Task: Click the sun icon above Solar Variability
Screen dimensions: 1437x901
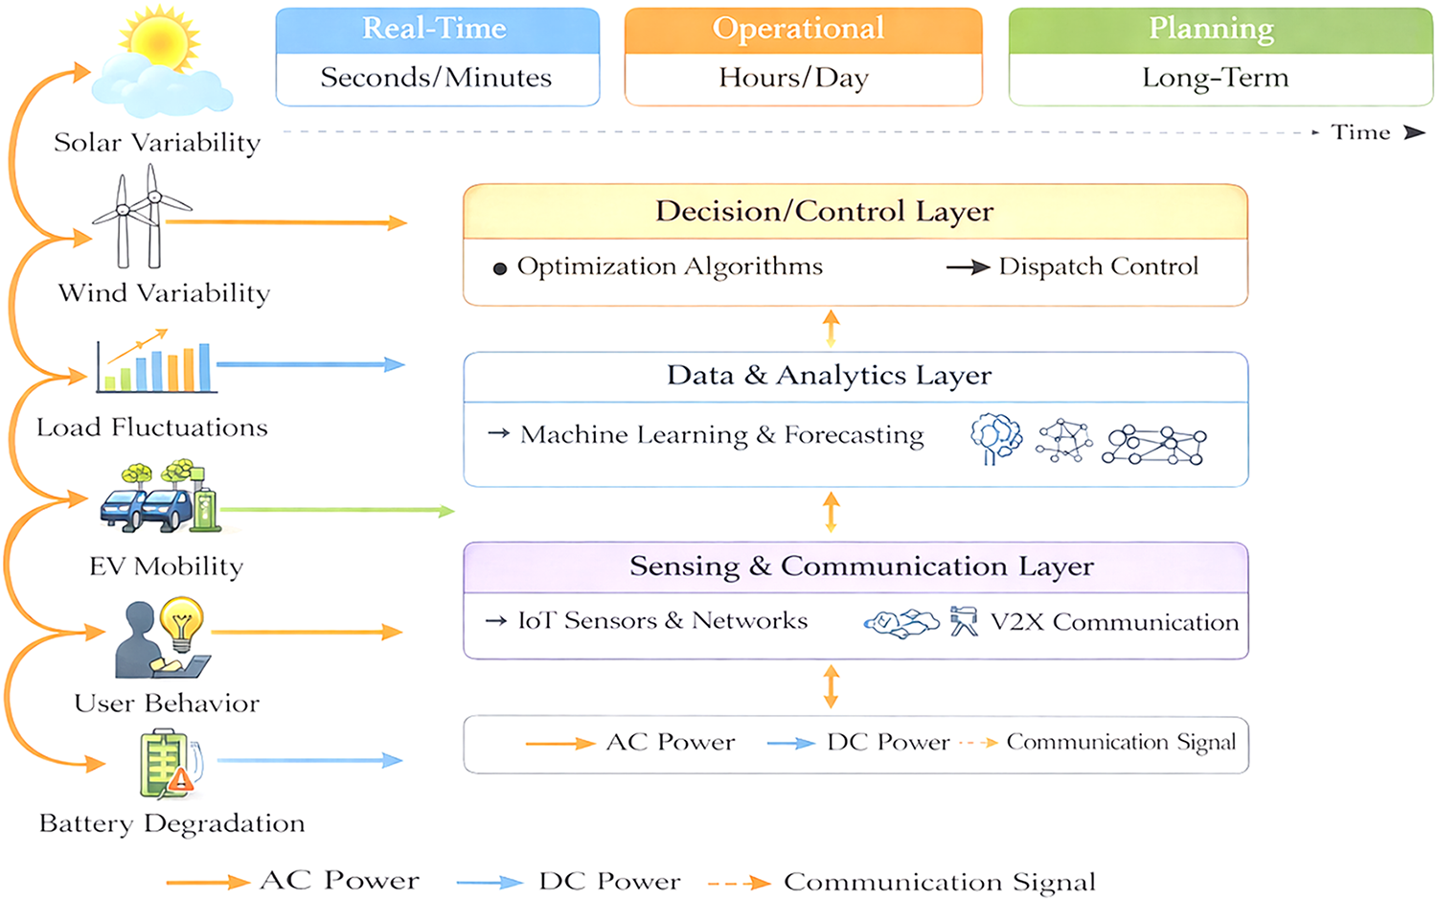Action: click(x=159, y=38)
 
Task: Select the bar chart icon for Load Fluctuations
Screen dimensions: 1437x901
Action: click(x=156, y=361)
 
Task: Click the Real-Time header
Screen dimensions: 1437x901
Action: click(x=434, y=28)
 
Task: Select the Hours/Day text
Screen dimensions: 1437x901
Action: click(x=793, y=79)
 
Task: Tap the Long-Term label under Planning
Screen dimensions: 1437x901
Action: click(x=1215, y=79)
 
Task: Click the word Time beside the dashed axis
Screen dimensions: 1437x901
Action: click(x=1360, y=132)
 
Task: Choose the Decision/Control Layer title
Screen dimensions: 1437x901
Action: click(x=824, y=212)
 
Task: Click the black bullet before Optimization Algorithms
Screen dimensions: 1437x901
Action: click(x=500, y=268)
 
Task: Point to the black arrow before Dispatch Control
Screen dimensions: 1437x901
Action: click(x=968, y=267)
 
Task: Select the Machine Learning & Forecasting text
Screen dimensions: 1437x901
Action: click(x=721, y=435)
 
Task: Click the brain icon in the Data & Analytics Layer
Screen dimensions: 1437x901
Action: click(x=995, y=438)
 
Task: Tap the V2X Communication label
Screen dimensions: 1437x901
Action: click(x=1114, y=622)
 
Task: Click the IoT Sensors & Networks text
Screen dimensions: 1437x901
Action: click(x=663, y=620)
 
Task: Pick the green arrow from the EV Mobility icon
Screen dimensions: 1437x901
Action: click(x=337, y=511)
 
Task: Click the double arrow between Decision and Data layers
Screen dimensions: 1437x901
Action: click(x=831, y=329)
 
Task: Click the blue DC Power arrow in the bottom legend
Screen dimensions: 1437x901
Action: click(x=490, y=883)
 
